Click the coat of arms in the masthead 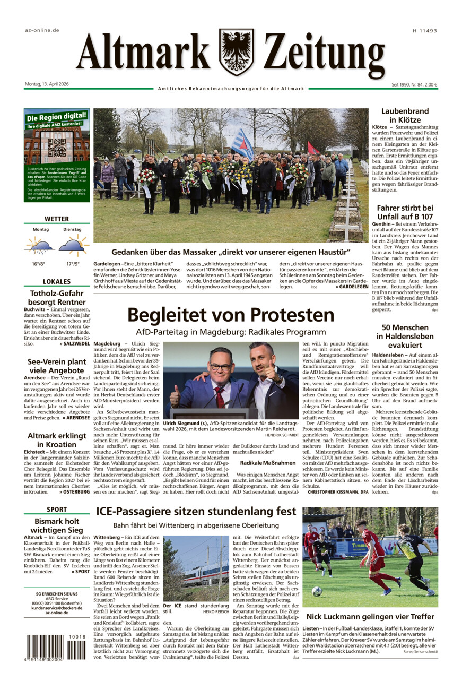click(x=236, y=52)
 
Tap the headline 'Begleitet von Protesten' click(x=231, y=315)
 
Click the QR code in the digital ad click(x=57, y=147)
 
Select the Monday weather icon click(x=40, y=245)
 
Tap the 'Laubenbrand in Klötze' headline click(x=405, y=116)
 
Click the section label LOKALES click(x=56, y=281)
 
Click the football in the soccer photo click(x=317, y=591)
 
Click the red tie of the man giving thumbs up click(x=220, y=396)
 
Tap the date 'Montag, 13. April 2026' click(x=47, y=84)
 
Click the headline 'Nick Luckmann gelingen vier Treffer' click(x=370, y=617)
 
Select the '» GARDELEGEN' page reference click(x=352, y=287)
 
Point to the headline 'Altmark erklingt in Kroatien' click(x=56, y=440)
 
